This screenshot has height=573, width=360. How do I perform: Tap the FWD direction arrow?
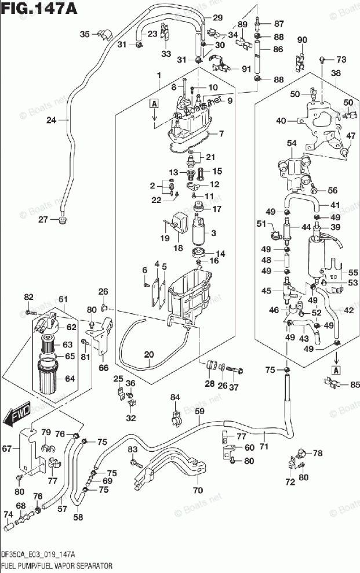pyautogui.click(x=17, y=413)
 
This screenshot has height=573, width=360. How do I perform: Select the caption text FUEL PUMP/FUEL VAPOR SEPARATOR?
pyautogui.click(x=57, y=565)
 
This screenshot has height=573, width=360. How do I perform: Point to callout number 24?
pyautogui.click(x=51, y=121)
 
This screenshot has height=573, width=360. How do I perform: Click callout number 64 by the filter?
pyautogui.click(x=70, y=379)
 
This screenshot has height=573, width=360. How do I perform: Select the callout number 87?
pyautogui.click(x=279, y=24)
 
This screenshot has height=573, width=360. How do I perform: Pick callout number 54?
pyautogui.click(x=291, y=143)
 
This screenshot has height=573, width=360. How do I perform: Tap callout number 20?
pyautogui.click(x=148, y=354)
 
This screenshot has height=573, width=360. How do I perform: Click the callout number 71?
pyautogui.click(x=264, y=447)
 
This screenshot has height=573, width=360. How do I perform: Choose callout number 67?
pyautogui.click(x=6, y=448)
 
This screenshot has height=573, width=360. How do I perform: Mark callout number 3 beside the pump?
pyautogui.click(x=213, y=233)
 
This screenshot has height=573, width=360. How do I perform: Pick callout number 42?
pyautogui.click(x=348, y=310)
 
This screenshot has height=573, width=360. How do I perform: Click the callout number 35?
pyautogui.click(x=85, y=34)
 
